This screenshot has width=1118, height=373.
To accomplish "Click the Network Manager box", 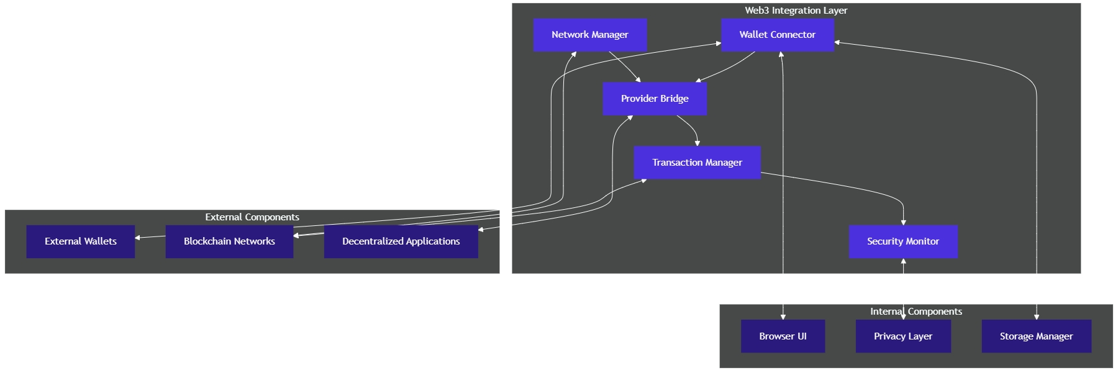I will tap(589, 35).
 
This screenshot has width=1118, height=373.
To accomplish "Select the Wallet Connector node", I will tap(777, 35).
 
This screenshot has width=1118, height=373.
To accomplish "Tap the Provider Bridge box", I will tap(655, 99).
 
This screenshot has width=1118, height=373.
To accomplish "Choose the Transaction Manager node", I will tap(697, 163).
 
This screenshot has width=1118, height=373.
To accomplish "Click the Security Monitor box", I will tap(903, 241).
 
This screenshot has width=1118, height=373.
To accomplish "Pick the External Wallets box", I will tap(81, 241).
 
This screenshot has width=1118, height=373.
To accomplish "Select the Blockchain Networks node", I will tap(229, 241).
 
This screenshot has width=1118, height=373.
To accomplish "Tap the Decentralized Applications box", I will tap(401, 241).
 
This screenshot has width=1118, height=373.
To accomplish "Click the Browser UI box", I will tap(783, 336).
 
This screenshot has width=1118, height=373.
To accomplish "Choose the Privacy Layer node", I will tap(903, 336).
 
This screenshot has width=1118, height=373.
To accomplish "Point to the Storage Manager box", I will tap(1036, 336).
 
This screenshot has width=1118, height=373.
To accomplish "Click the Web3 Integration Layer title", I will tap(796, 11).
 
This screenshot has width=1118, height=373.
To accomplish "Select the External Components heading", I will tap(252, 217).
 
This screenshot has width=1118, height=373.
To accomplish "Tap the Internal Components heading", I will tap(916, 312).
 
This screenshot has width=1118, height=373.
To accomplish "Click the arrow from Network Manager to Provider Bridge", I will tap(624, 66).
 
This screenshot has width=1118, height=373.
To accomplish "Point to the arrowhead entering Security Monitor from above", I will tap(903, 222).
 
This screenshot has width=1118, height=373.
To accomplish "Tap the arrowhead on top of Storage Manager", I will tap(1037, 317).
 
